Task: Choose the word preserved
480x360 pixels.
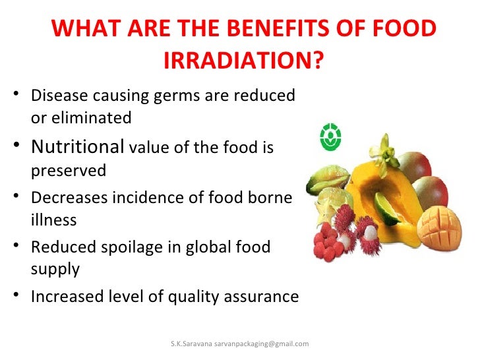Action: click(69, 170)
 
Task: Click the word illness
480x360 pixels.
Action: click(53, 220)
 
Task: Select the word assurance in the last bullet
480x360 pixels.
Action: click(258, 296)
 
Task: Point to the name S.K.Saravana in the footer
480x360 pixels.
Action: click(191, 344)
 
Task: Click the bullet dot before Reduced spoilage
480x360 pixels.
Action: click(16, 247)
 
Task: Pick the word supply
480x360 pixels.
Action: click(55, 270)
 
